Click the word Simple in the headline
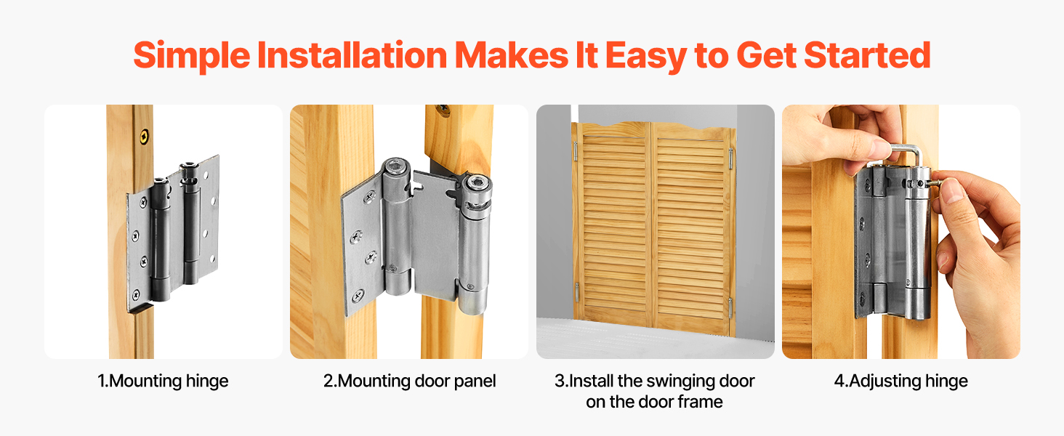(x=191, y=56)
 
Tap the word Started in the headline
(x=867, y=55)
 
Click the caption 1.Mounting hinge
(x=163, y=381)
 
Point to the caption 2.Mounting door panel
(x=409, y=381)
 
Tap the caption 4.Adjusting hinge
(x=900, y=381)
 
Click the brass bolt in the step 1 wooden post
(x=145, y=137)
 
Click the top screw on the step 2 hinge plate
(x=369, y=197)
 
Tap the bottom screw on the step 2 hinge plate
(x=358, y=296)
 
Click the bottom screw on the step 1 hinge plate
(x=136, y=295)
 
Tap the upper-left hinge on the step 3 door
(x=576, y=151)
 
